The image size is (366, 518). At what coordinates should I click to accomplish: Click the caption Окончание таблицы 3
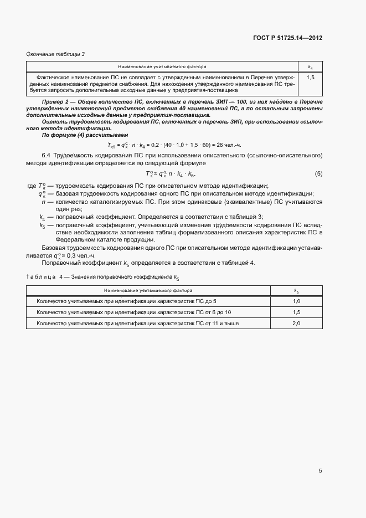[55, 54]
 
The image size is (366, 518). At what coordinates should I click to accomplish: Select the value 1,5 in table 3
[310, 78]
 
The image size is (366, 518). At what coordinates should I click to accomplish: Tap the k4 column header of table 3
[310, 66]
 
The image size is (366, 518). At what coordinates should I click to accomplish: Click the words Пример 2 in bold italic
[56, 102]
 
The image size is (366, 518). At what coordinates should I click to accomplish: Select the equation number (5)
[318, 174]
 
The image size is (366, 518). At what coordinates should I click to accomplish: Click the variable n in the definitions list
[43, 202]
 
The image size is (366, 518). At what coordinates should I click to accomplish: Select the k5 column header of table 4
[296, 290]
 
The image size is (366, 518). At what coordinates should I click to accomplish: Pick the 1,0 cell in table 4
[296, 301]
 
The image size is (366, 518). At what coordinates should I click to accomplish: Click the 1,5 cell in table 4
[296, 312]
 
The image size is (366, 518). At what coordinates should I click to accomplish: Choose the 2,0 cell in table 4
[296, 323]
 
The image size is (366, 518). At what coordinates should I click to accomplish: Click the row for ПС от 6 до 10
[133, 312]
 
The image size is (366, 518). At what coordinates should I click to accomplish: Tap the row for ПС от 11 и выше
[137, 323]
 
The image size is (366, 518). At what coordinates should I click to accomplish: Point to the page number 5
[320, 471]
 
